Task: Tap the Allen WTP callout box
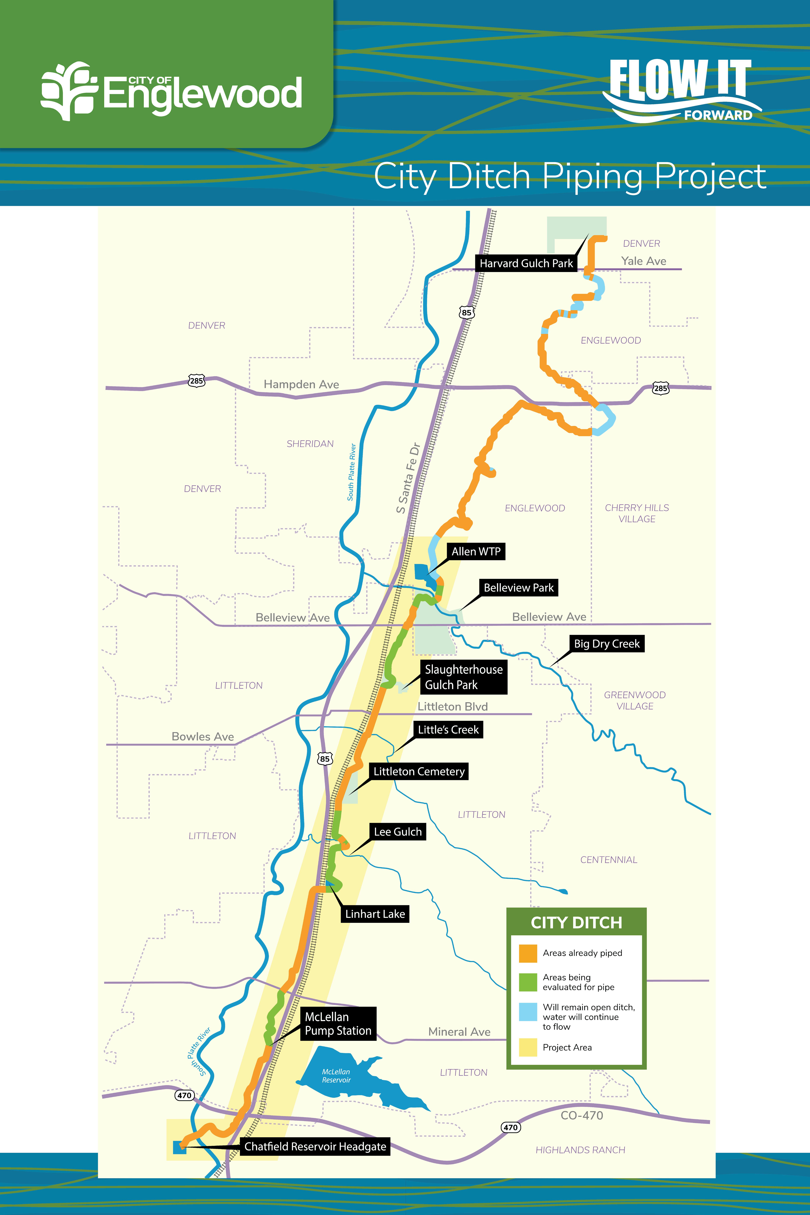476,552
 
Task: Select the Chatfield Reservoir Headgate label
315,1146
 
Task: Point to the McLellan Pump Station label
338,1023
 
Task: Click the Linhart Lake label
375,914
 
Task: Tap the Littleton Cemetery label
419,771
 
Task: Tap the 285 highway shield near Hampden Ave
196,381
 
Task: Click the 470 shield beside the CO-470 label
510,1127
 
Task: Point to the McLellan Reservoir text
336,1076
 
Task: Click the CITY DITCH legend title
577,923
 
